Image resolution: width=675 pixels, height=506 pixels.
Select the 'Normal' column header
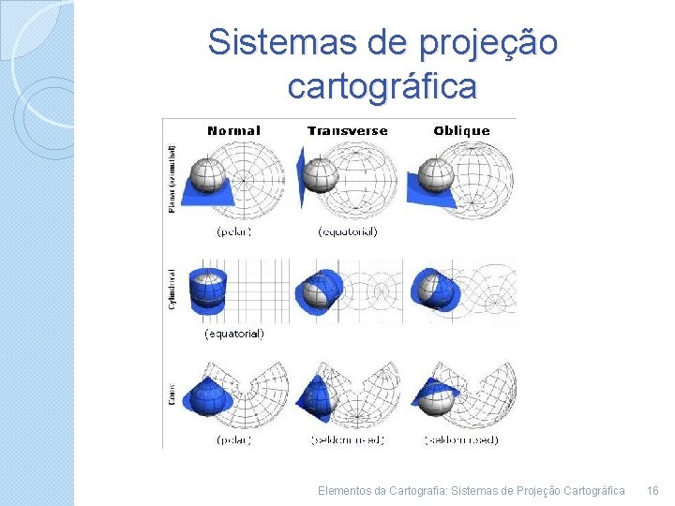tap(233, 131)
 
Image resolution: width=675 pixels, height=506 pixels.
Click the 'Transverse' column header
tap(347, 131)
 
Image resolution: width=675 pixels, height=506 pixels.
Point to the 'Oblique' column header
tap(461, 131)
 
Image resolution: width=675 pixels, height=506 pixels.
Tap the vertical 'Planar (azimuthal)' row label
tap(172, 178)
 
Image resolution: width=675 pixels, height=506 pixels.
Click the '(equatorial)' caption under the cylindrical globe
tap(234, 333)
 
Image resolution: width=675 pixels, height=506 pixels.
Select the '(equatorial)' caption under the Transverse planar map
tap(348, 231)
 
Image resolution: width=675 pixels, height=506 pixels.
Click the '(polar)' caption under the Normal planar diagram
tap(233, 231)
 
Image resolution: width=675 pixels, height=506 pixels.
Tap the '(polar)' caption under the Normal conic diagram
tap(233, 439)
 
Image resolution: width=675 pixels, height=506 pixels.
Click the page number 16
tap(653, 490)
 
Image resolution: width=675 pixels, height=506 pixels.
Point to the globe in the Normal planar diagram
tap(207, 175)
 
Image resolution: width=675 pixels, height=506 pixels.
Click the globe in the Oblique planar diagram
tap(434, 174)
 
